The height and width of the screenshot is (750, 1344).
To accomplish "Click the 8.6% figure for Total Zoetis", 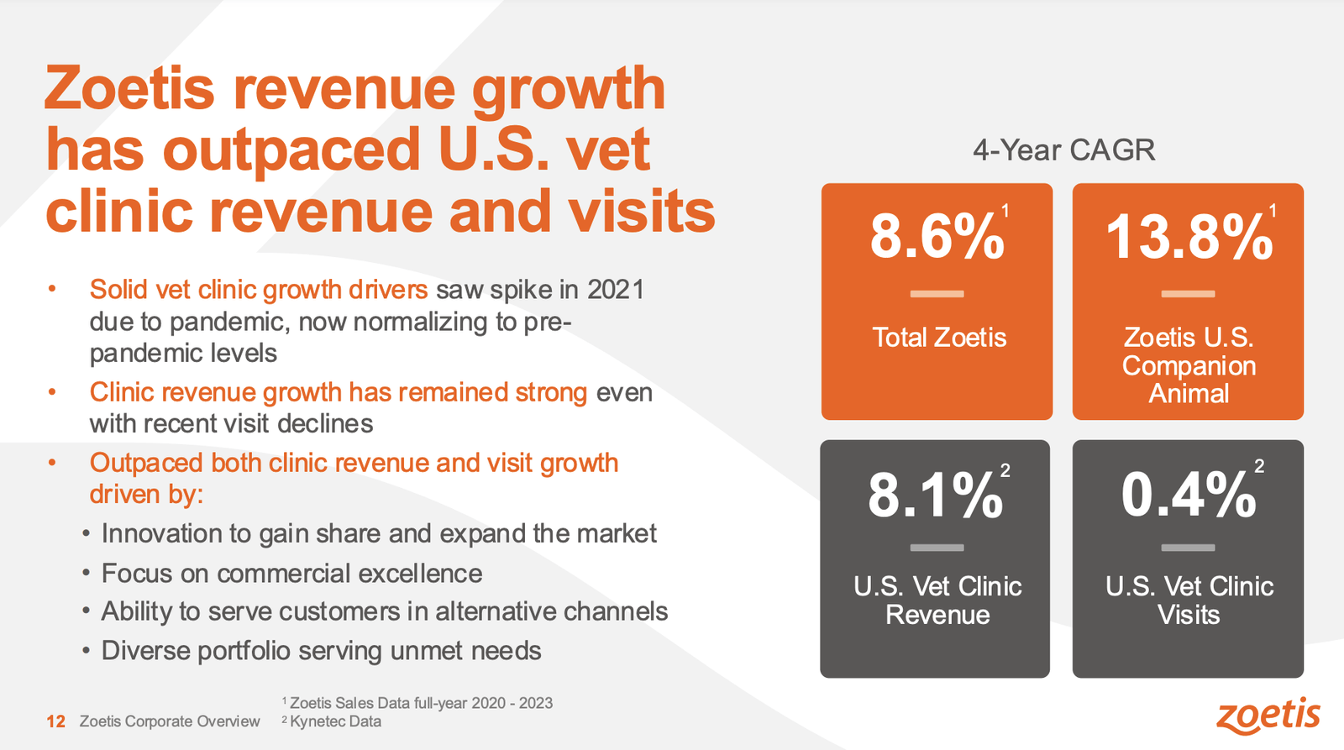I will point(936,237).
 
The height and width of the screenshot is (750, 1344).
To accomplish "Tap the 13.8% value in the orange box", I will point(1188,237).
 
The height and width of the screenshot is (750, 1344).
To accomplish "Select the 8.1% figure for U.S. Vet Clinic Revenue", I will point(935,496).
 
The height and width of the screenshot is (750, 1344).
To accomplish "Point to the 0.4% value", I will point(1188,496).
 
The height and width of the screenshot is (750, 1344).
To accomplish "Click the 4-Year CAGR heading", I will point(1063,150).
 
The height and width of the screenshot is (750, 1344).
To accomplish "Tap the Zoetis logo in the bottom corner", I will point(1268,716).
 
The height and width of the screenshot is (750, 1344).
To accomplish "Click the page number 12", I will point(55,721).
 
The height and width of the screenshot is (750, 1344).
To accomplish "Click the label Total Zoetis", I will point(938,338).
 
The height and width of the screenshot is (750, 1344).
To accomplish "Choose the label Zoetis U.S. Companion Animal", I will point(1189,365).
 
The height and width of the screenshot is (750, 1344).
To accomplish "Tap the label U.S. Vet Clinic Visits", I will point(1189,601).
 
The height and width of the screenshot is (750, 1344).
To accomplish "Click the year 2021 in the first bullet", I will point(616,290).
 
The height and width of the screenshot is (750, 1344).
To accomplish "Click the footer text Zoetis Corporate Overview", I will point(170,721).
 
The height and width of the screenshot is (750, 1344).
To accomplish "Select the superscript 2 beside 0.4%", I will point(1259,466).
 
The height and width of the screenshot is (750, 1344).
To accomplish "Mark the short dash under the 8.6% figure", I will point(937,294).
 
